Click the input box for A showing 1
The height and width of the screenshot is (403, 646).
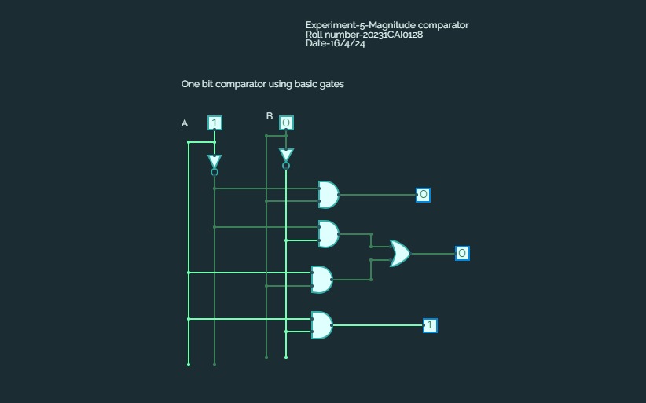pos(215,123)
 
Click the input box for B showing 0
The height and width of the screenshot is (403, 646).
pos(286,123)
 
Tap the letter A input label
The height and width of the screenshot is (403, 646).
pos(185,123)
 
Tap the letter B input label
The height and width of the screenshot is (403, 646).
pos(270,116)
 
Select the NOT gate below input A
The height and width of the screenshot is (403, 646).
pos(215,163)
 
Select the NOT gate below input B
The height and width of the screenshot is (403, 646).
pos(286,157)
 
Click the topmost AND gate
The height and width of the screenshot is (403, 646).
pos(328,194)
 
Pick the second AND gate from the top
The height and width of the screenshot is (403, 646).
pos(328,233)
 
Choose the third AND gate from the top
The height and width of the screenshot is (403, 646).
pos(321,279)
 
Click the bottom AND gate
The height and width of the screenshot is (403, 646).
pos(321,324)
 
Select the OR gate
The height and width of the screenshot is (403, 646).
pos(399,253)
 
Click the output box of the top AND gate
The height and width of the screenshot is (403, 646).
pos(423,195)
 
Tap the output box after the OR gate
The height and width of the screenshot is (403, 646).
pos(462,253)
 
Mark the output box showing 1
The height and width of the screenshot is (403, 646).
pos(430,325)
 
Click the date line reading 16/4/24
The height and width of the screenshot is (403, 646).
pos(336,43)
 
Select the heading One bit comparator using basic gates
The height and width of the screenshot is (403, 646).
pos(262,84)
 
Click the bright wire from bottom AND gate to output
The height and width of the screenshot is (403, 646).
pos(377,325)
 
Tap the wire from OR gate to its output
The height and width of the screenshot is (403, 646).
pos(432,253)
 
